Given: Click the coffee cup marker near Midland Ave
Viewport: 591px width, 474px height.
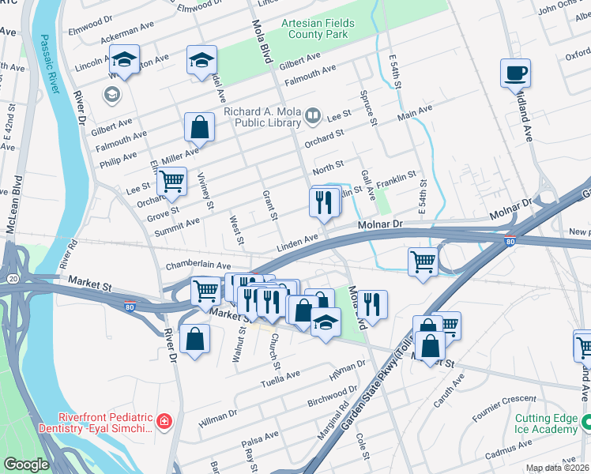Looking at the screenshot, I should [515, 73].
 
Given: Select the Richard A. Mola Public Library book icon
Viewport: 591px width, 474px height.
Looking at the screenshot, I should [313, 117].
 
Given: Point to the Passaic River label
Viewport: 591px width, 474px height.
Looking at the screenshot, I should [51, 64].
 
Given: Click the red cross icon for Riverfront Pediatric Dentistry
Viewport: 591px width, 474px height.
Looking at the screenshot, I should [164, 422].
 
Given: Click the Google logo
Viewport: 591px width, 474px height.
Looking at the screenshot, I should [26, 465].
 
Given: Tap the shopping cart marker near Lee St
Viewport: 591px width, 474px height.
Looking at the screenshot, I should [171, 181].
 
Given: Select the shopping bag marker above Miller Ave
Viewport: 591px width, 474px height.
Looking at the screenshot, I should [199, 126].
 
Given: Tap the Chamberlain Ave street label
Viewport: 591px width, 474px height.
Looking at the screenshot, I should [198, 266].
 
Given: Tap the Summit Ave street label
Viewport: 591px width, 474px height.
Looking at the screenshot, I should [177, 223].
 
